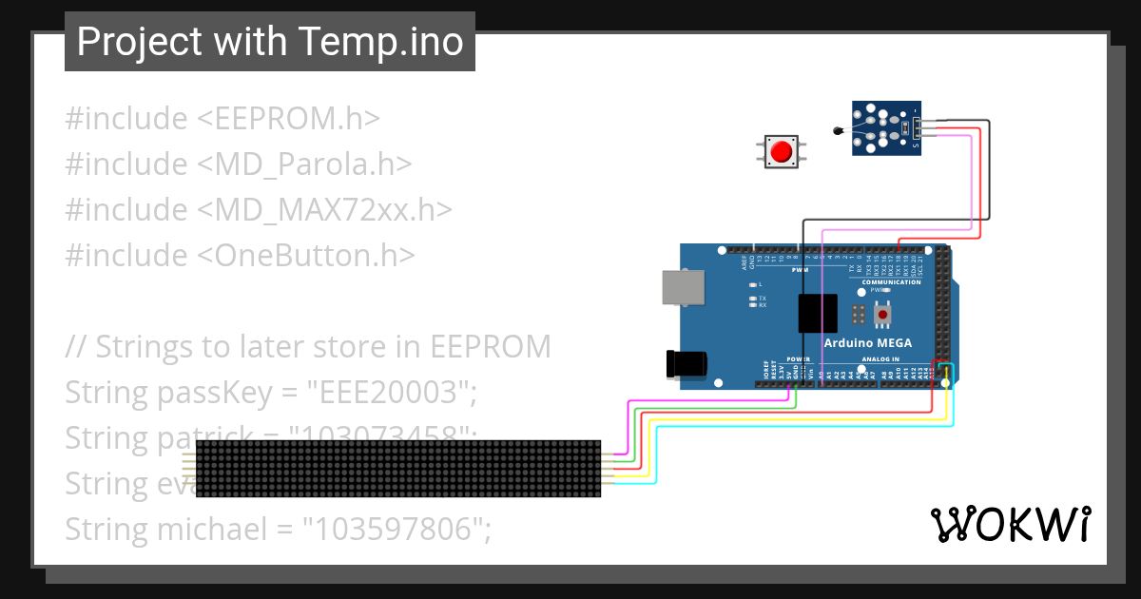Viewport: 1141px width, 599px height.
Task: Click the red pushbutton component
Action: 782,152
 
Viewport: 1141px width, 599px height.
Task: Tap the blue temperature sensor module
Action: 886,128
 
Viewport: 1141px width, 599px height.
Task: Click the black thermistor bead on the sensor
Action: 838,131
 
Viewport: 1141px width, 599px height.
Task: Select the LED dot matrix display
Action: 399,469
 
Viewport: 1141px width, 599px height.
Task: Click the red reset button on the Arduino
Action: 883,314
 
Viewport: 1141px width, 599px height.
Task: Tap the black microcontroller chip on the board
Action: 818,313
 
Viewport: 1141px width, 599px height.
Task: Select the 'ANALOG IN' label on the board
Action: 880,359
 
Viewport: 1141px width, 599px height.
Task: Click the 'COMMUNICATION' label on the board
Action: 891,281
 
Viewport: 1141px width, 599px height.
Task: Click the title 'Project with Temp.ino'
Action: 270,42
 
